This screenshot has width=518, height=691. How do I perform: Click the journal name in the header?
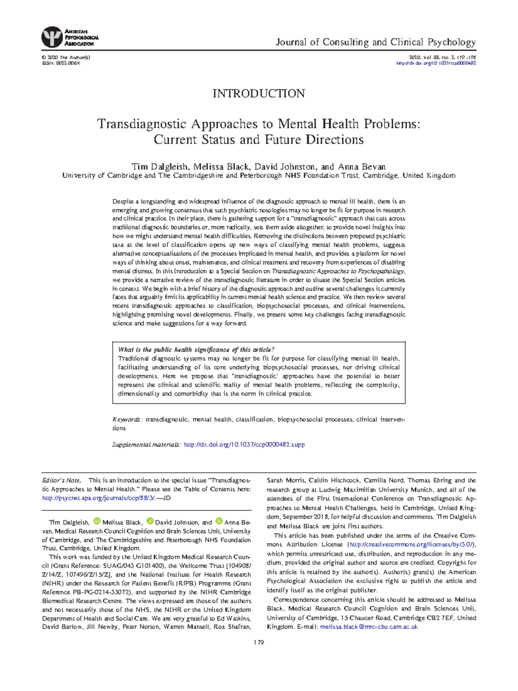coord(376,42)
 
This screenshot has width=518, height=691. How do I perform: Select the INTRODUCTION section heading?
coord(259,93)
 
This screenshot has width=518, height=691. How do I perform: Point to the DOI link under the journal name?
coord(436,63)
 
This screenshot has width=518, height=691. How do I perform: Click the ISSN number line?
coord(61,63)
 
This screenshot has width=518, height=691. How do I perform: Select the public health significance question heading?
coord(196,350)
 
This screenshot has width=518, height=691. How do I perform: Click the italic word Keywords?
coord(126,419)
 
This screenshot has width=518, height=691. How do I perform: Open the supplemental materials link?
coord(244,444)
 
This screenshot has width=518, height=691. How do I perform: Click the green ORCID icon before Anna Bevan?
coord(219,521)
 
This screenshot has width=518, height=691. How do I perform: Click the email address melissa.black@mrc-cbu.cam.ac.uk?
coord(369,627)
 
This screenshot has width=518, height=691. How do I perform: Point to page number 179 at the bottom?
coord(259,642)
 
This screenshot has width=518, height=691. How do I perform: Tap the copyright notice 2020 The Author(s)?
coord(66,57)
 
